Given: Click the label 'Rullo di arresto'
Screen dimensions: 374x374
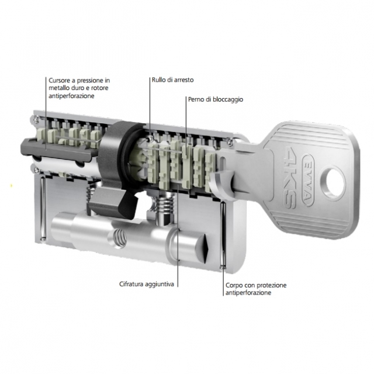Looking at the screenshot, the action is coord(173,80).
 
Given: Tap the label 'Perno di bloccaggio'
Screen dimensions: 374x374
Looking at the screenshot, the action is coord(216,99).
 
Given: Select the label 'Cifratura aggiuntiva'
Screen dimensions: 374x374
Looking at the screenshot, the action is coord(147,284).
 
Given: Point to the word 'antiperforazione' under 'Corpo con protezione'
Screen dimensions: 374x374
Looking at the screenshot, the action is coord(248,293).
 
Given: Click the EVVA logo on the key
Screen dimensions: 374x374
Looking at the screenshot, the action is coord(308,179).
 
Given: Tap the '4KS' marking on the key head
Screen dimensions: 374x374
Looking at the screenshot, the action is coord(290,177).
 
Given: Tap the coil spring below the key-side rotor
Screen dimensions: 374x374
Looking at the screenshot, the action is coord(165,203).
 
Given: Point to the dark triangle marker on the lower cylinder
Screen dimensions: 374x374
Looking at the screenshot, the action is coord(206,248).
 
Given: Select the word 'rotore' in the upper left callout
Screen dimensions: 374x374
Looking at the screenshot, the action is coord(100,88).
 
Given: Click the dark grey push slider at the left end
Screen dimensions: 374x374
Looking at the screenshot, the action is coord(57,150).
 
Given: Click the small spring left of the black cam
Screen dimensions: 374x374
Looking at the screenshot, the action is coord(90,193).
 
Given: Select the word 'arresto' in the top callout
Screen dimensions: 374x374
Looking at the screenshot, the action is coord(183,80).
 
